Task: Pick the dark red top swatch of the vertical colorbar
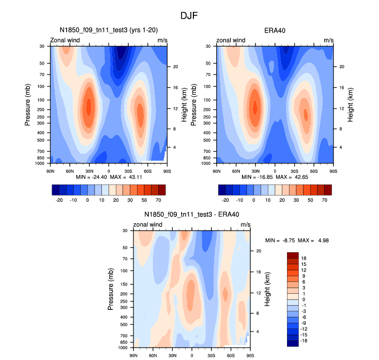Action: (x=293, y=255)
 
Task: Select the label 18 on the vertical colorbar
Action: (x=305, y=258)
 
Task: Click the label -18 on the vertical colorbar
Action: (x=304, y=342)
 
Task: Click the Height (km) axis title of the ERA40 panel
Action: (x=351, y=104)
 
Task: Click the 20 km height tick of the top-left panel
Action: (x=176, y=67)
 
